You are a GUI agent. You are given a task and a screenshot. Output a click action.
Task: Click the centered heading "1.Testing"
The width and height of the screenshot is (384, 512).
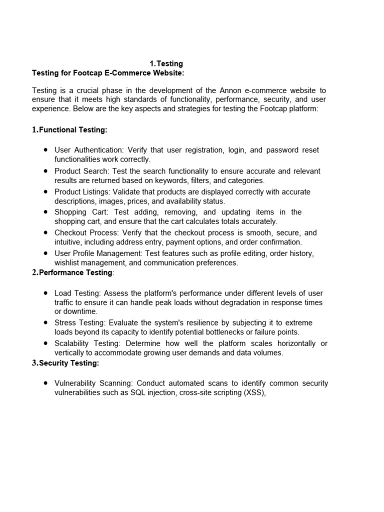pos(166,64)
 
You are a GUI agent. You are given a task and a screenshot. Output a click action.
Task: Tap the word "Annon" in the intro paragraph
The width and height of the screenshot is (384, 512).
pos(231,90)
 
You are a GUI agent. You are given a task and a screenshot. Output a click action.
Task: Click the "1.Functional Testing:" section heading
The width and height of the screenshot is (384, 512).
pos(69,130)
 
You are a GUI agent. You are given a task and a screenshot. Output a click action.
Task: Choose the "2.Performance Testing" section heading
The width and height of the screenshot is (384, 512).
pos(72,272)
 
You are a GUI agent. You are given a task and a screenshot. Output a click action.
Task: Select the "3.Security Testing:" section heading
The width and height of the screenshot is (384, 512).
pos(65,363)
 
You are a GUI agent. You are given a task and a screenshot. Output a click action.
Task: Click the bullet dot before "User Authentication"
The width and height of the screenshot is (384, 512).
pos(45,150)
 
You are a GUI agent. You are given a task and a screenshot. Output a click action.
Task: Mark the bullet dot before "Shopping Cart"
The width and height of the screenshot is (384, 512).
pos(45,212)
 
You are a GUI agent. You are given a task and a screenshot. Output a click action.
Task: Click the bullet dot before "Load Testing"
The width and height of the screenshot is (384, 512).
pos(45,293)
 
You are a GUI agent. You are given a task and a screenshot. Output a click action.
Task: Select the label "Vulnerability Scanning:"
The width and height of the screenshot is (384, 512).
pos(93,383)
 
